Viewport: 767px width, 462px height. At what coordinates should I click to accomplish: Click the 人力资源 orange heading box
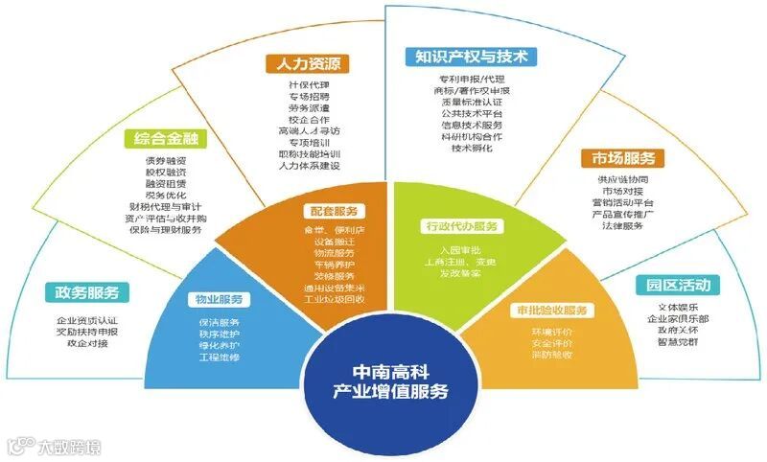point(307,64)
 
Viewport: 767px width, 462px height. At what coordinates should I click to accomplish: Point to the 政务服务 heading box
point(86,291)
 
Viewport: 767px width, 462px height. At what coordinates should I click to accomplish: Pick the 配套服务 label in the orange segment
point(333,211)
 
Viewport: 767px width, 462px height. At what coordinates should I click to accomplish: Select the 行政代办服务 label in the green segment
point(461,227)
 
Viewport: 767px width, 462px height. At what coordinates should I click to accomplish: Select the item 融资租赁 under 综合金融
point(164,182)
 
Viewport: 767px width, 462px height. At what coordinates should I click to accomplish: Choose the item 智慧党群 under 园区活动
point(670,342)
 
